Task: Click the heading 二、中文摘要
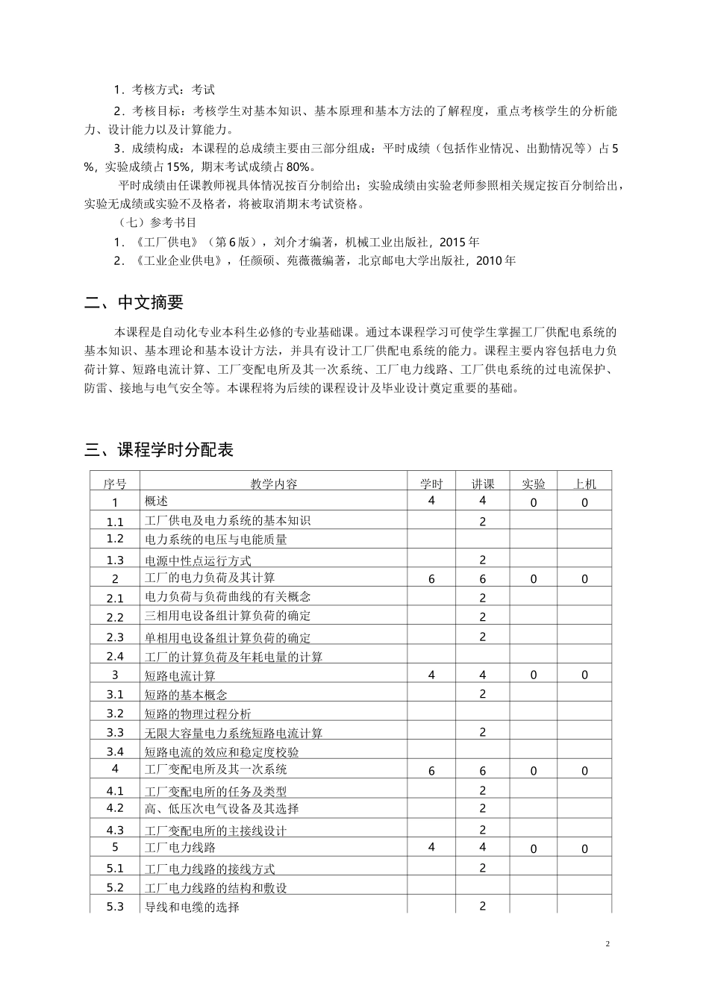tap(134, 302)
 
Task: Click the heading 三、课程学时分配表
tap(159, 449)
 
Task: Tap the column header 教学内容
tap(273, 484)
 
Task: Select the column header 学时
tap(431, 484)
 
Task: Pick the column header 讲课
tap(482, 484)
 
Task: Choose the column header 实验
tap(533, 484)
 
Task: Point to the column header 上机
tap(584, 484)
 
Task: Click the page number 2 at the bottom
tap(608, 944)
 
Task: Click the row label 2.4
tap(115, 657)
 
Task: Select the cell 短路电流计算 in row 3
tap(180, 675)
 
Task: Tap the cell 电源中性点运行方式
tap(198, 560)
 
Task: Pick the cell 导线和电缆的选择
tap(192, 907)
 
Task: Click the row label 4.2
tap(115, 808)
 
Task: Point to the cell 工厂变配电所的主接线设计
tap(216, 830)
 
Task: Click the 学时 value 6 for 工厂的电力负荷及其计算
tap(431, 579)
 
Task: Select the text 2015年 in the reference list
tap(460, 242)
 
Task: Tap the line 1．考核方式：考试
tap(164, 90)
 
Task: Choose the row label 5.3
tap(115, 907)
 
